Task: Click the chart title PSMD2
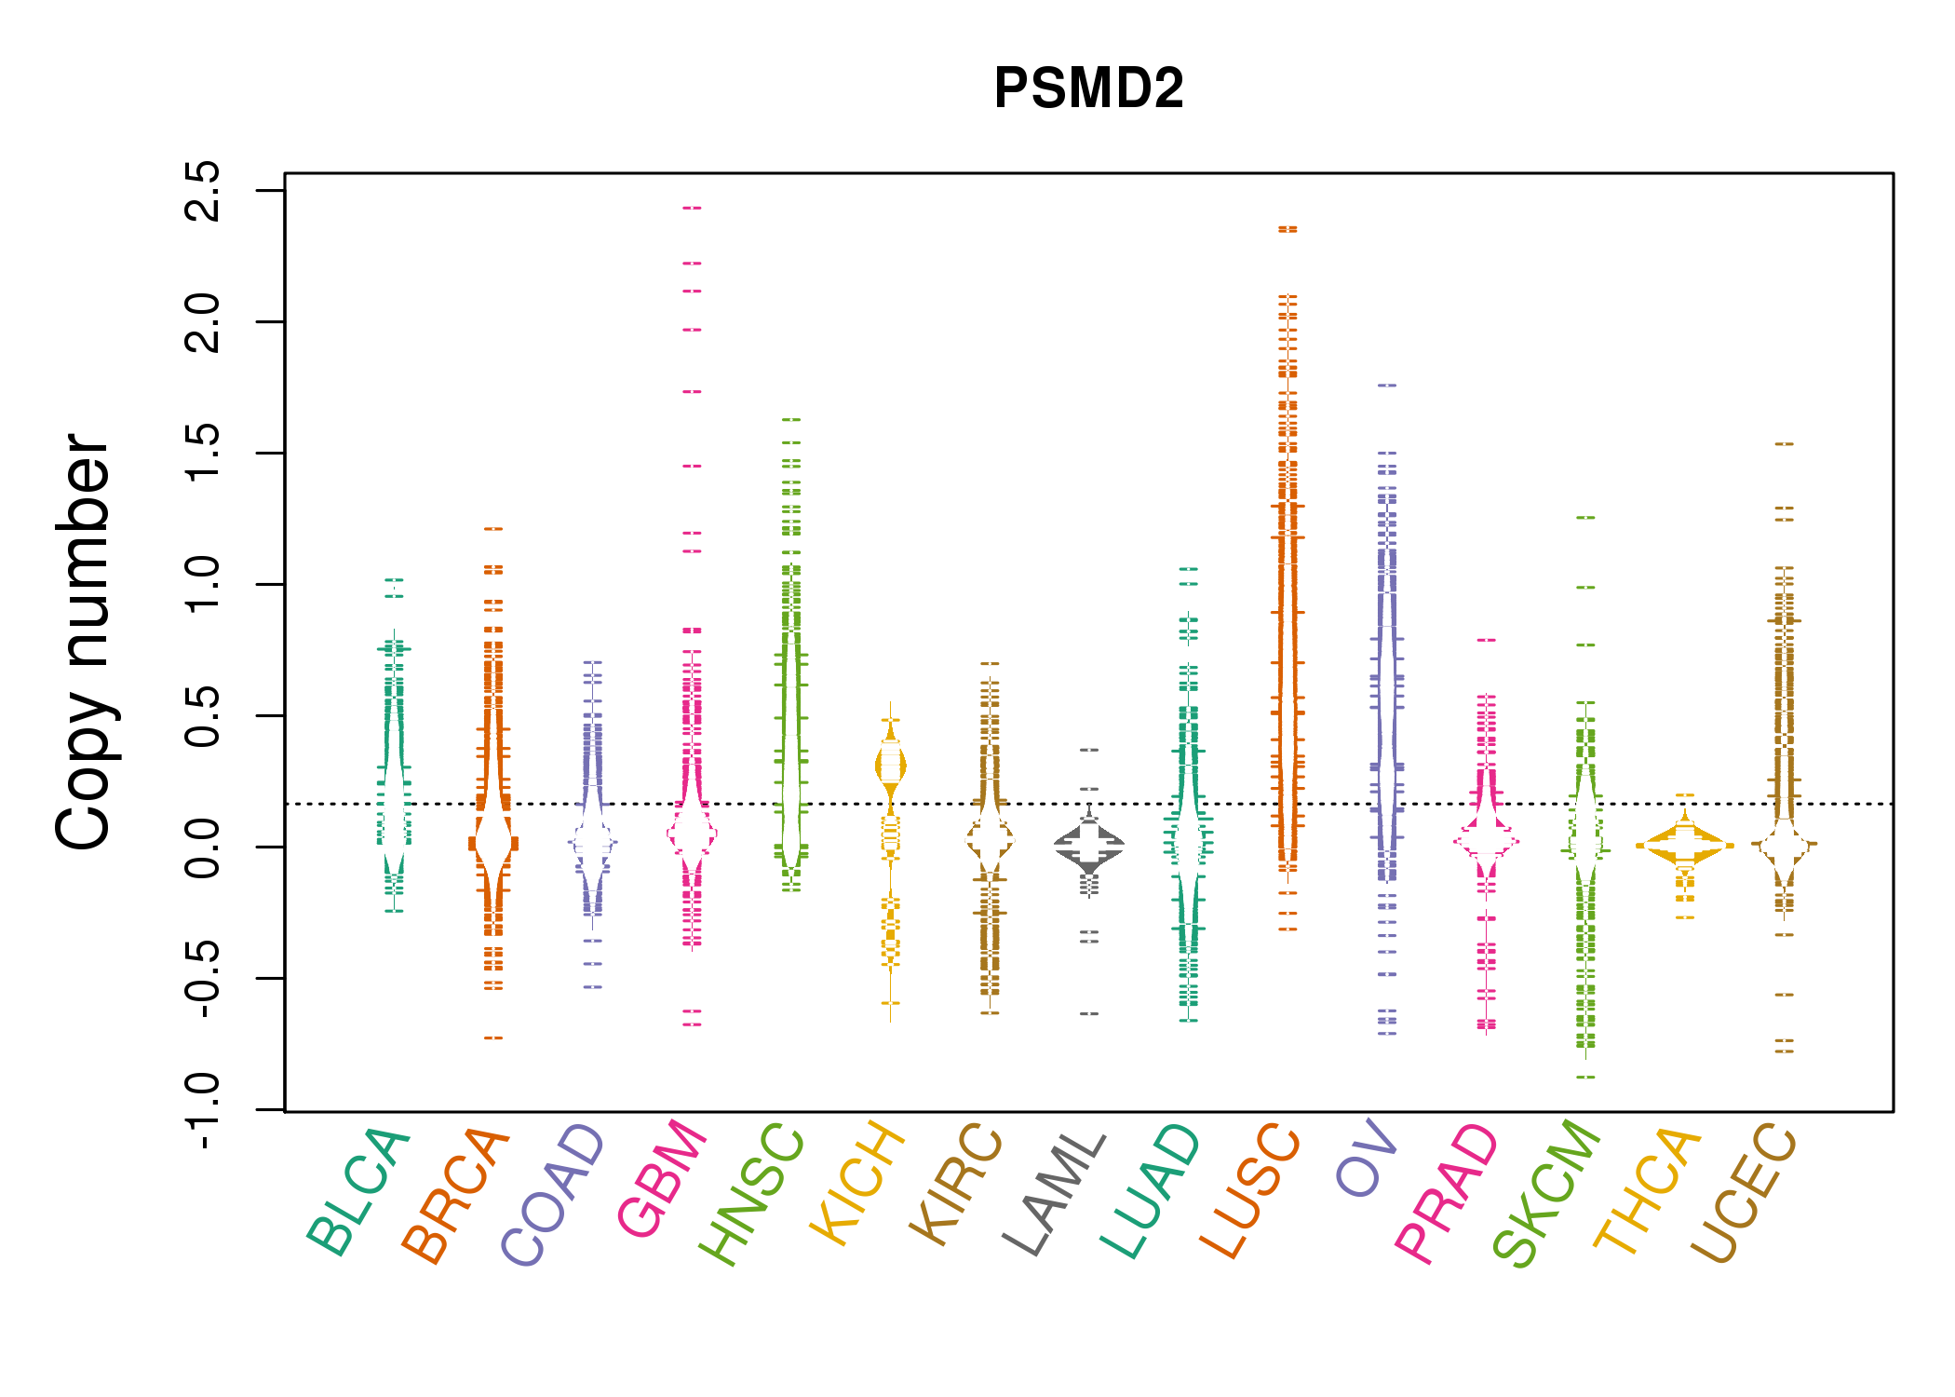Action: [1088, 88]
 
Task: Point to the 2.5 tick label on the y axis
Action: [203, 191]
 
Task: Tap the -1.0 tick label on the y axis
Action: [203, 1110]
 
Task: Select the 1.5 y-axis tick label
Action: [203, 454]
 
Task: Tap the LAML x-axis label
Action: [1056, 1192]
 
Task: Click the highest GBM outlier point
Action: [692, 208]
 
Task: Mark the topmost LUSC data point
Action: [1288, 228]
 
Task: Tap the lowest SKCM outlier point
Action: [1585, 1077]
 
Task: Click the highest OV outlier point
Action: [1387, 385]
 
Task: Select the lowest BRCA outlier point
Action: [493, 1038]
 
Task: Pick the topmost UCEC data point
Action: [1784, 444]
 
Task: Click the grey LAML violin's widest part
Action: [1089, 845]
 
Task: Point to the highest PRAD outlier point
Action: [1487, 640]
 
